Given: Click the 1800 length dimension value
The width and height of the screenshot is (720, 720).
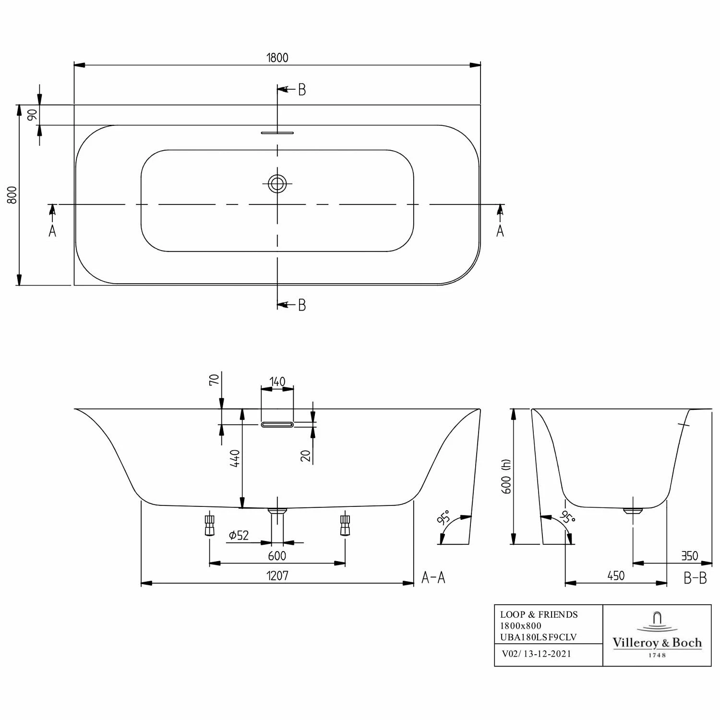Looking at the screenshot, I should [277, 58].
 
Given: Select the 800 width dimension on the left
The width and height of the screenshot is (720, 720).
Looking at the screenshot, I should [12, 195].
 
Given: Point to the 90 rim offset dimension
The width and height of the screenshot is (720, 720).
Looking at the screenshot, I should [32, 115].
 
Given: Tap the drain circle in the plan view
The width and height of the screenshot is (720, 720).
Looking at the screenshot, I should [277, 183].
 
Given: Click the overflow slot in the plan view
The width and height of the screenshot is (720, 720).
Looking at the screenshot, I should [277, 132].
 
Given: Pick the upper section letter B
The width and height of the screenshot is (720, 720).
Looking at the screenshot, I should [301, 90].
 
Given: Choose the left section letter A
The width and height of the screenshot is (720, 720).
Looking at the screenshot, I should [52, 231].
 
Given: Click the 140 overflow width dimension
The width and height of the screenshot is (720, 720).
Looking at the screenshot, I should [277, 382].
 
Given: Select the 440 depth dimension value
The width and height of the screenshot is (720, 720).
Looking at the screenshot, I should [235, 458].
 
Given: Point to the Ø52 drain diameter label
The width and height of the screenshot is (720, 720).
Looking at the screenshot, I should [239, 535].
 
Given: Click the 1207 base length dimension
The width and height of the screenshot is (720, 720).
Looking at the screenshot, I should [277, 576].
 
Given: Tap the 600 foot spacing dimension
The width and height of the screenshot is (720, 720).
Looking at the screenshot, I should [277, 556].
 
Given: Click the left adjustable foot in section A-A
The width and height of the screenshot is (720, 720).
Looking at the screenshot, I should [209, 525].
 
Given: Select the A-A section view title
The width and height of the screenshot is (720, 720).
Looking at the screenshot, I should [433, 577].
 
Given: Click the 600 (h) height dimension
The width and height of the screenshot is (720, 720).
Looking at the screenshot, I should [506, 476].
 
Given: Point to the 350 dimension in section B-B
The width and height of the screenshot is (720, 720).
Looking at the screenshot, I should [689, 556].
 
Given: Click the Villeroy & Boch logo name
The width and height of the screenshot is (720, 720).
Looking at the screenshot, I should [657, 643].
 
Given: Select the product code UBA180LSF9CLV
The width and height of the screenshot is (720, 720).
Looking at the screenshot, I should [538, 637].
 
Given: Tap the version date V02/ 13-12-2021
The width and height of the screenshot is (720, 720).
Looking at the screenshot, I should [536, 654].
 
